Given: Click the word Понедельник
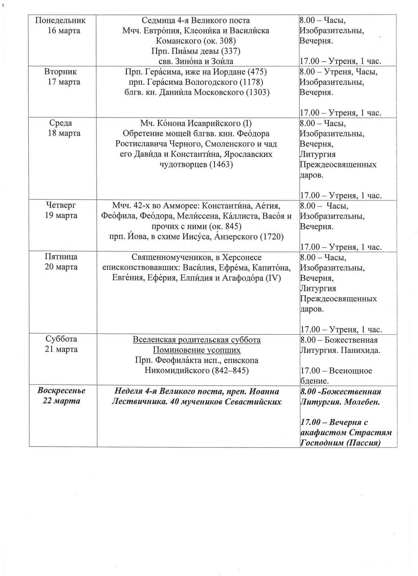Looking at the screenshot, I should (x=61, y=21).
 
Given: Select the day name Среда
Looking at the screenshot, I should (x=61, y=123).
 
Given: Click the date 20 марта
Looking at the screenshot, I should (x=61, y=267).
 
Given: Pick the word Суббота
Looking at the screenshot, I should (x=61, y=339).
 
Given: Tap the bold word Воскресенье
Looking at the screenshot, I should (x=61, y=391).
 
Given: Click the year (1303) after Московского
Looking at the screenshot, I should (x=257, y=93).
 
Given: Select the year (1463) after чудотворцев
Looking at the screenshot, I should (x=221, y=165).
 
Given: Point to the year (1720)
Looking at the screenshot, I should (x=272, y=237).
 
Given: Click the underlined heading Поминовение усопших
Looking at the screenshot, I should (x=197, y=350).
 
